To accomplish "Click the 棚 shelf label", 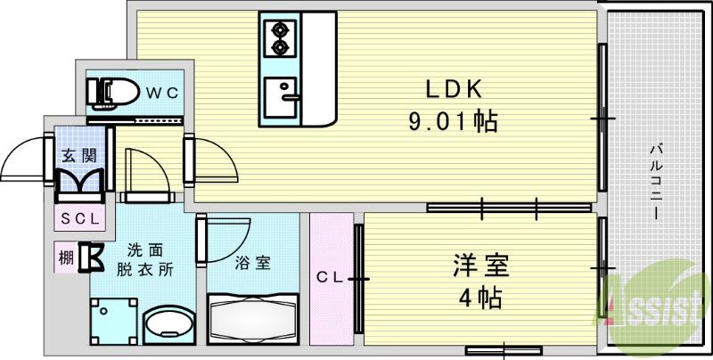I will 65,258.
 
